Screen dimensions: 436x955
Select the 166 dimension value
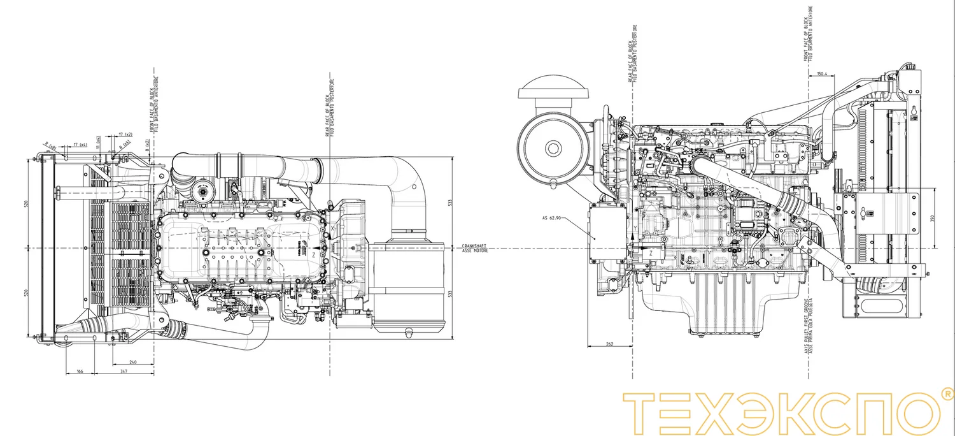click(x=80, y=370)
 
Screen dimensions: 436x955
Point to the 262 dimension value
click(x=609, y=344)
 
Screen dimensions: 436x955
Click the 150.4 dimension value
click(x=821, y=75)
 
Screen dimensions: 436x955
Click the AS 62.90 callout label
click(x=551, y=218)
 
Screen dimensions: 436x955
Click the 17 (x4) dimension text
click(x=80, y=145)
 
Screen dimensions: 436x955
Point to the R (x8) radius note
click(x=50, y=146)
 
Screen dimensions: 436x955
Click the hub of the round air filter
click(x=553, y=149)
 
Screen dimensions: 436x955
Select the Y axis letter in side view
click(x=635, y=228)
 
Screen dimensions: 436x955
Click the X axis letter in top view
click(x=332, y=226)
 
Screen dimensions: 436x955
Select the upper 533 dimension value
click(x=450, y=202)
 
